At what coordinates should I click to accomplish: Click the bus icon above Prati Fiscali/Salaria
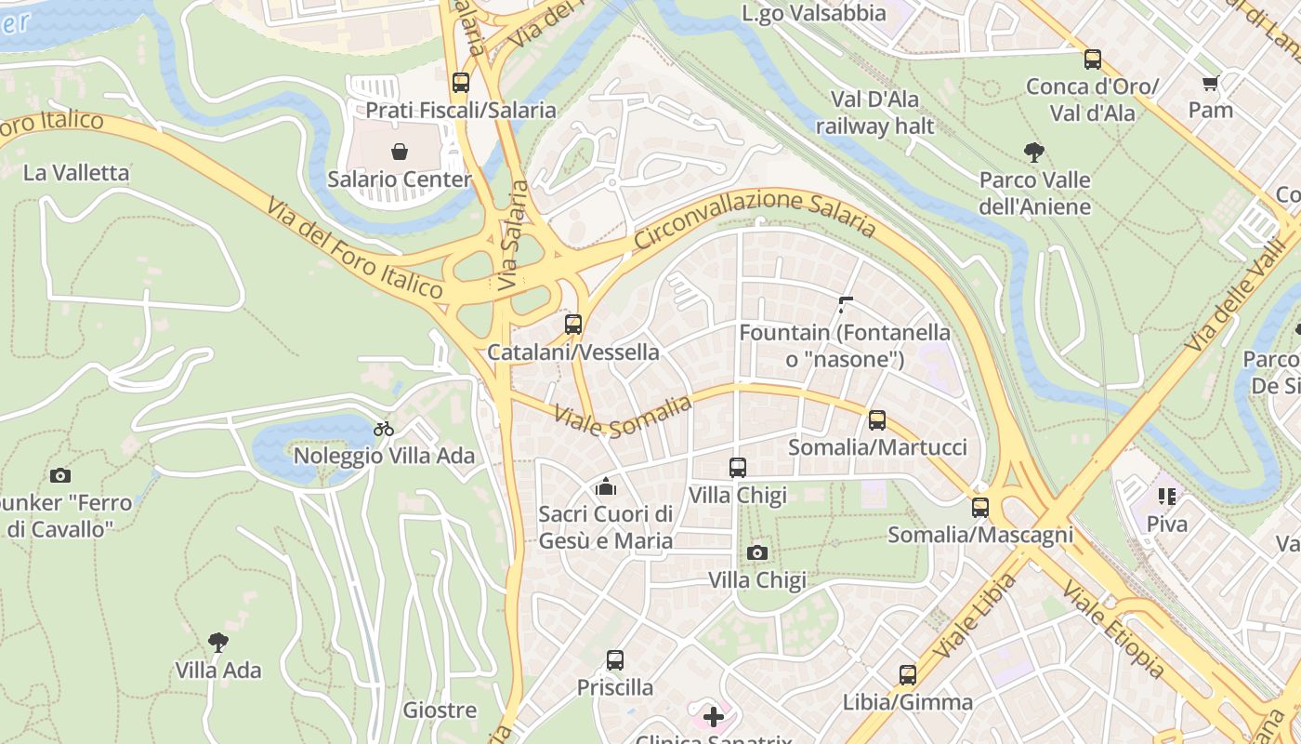coord(461,82)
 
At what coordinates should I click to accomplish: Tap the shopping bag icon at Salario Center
coord(400,151)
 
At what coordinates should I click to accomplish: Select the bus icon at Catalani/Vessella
coord(573,325)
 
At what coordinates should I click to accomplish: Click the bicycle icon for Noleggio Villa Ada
coord(384,429)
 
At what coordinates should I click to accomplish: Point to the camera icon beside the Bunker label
coord(60,475)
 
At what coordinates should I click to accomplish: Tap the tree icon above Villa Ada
coord(218,642)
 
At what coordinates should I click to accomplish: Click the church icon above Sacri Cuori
coord(606,485)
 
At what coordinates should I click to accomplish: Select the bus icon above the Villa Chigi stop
coord(738,467)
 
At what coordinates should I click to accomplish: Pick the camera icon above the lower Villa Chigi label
coord(757,552)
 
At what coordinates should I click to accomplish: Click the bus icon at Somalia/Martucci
coord(877,419)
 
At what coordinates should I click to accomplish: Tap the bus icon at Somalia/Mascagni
coord(980,507)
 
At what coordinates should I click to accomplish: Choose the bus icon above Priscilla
coord(615,660)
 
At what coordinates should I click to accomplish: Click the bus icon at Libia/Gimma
coord(908,674)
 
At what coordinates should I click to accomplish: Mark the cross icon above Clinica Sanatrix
coord(714,717)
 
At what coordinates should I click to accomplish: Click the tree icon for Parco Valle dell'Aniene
coord(1033,152)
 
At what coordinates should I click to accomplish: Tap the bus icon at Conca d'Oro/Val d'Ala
coord(1093,60)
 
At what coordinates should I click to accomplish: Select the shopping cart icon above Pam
coord(1210,84)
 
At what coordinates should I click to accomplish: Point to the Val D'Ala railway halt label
coord(875,113)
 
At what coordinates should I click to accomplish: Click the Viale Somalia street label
coord(624,416)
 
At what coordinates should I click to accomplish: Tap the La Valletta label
coord(76,173)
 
